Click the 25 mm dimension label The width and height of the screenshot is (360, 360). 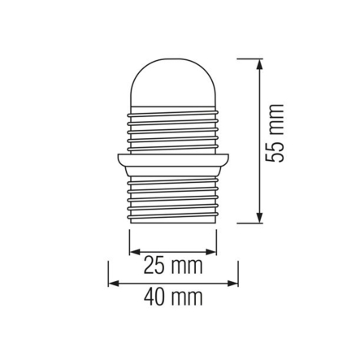pos(173,267)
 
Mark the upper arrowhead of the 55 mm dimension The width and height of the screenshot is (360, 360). pos(258,63)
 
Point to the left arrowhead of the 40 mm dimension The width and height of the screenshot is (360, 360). pos(113,284)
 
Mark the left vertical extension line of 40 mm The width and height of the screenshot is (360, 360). pos(108,274)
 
